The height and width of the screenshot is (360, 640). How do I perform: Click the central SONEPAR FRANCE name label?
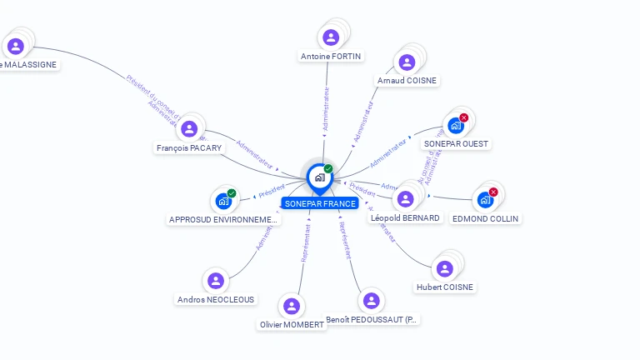[x=320, y=203]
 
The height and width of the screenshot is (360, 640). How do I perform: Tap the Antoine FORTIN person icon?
[x=331, y=37]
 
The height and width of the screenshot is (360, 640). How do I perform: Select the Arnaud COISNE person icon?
[x=407, y=62]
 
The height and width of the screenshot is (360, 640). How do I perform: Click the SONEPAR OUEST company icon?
[x=455, y=126]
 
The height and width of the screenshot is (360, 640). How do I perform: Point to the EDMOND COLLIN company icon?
[x=484, y=201]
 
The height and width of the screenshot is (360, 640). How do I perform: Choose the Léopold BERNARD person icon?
[x=405, y=199]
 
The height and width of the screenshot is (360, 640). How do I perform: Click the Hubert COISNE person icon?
[x=444, y=268]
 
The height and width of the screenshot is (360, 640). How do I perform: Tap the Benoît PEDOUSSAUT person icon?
[x=372, y=301]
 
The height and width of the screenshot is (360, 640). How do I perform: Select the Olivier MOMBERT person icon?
[x=291, y=306]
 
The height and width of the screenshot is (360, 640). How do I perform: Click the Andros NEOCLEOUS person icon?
[x=216, y=281]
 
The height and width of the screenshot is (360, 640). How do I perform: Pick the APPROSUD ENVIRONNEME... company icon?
[x=222, y=201]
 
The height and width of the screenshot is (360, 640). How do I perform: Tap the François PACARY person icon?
[x=189, y=129]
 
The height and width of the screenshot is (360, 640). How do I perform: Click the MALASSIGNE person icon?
[x=15, y=46]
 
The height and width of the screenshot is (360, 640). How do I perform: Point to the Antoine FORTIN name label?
[x=331, y=57]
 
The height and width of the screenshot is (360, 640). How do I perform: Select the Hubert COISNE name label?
[x=445, y=287]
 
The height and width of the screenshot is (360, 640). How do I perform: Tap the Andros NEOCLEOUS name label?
[x=216, y=299]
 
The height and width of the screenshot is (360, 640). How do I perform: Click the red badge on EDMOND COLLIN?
[x=493, y=192]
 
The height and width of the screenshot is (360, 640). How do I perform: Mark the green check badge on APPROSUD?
[x=232, y=193]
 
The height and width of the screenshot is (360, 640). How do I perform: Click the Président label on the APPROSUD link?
[x=272, y=192]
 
